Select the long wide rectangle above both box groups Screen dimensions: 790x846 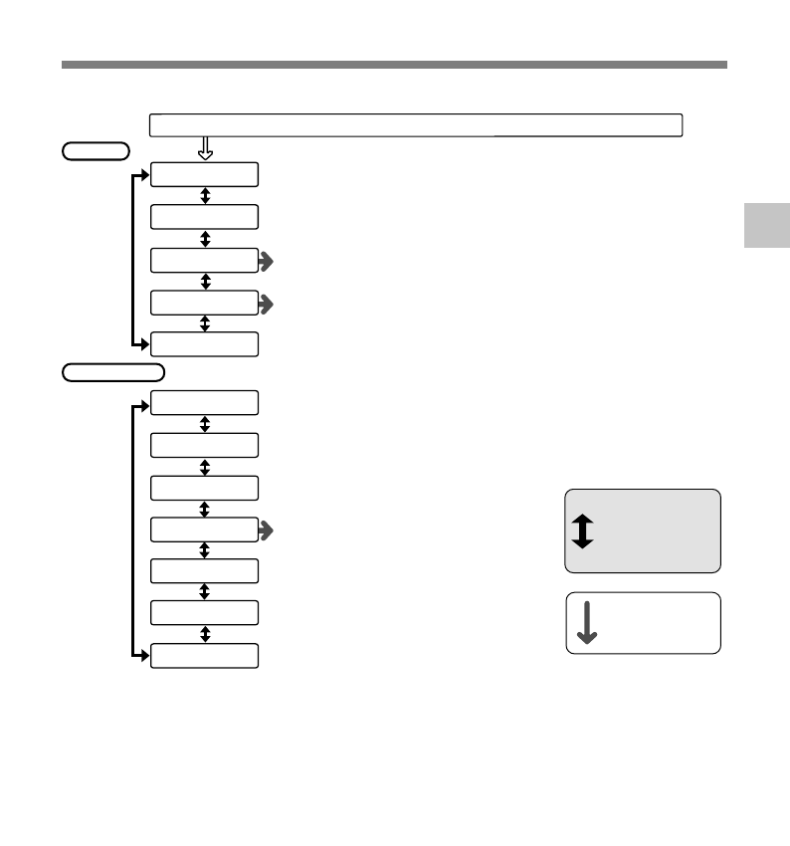(x=416, y=124)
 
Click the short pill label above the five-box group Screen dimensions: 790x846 (x=96, y=151)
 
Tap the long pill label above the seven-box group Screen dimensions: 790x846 (x=113, y=372)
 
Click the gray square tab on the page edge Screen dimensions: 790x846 (x=766, y=225)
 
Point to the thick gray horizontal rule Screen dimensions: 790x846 (x=394, y=65)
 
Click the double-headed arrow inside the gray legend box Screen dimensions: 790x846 (x=583, y=530)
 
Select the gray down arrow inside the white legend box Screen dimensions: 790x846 (x=587, y=623)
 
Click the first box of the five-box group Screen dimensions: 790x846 (x=204, y=175)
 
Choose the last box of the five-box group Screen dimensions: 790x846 (x=204, y=344)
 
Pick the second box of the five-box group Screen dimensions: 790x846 (x=204, y=217)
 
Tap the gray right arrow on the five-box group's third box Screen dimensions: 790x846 (x=267, y=262)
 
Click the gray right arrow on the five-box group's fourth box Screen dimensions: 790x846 (x=267, y=304)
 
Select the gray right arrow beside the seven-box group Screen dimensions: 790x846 (x=267, y=531)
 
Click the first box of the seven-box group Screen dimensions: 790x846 (x=204, y=403)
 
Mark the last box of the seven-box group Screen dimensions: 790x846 (x=204, y=656)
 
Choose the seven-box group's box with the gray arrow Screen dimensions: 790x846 (x=204, y=529)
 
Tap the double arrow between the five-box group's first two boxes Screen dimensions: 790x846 (x=205, y=196)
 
